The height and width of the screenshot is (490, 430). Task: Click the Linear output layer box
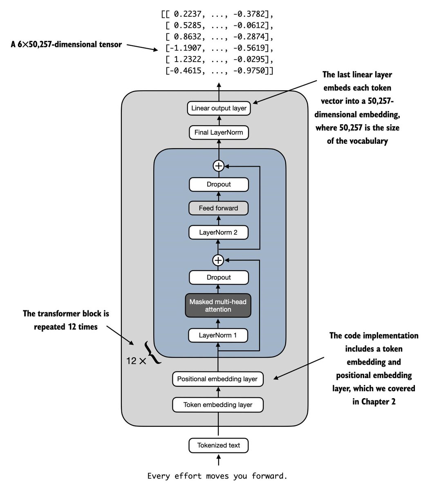point(219,108)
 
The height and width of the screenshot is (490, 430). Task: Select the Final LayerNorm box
point(219,133)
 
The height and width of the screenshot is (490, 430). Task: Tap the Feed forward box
point(218,208)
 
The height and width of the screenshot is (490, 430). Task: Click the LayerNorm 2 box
point(218,232)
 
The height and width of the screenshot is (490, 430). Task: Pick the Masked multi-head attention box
point(218,305)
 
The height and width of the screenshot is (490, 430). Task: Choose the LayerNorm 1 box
point(218,335)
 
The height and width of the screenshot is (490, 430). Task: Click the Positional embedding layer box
point(218,379)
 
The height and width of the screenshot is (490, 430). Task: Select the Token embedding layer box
point(218,405)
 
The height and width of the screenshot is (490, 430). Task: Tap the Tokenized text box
point(218,445)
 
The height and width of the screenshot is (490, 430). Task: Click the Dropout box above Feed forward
point(219,185)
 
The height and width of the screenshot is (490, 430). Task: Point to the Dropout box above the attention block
point(219,277)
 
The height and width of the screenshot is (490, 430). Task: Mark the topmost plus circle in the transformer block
point(219,166)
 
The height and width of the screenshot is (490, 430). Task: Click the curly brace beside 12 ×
point(152,352)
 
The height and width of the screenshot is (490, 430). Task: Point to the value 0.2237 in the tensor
point(187,14)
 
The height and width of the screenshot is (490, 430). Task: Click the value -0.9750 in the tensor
point(249,71)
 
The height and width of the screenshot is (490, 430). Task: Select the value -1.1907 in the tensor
point(185,48)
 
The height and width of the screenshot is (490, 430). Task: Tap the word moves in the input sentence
point(217,476)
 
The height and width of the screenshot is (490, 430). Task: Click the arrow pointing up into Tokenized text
point(219,460)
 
